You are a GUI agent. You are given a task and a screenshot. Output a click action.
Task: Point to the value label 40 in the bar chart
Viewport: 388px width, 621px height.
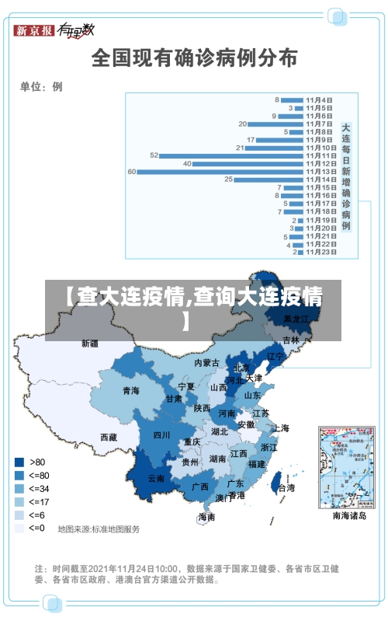(187, 163)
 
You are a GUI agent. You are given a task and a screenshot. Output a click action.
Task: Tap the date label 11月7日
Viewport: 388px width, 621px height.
(320, 124)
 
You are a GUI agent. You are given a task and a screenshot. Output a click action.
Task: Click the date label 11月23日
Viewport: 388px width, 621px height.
(320, 252)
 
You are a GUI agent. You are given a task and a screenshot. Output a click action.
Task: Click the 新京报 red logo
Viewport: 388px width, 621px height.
(35, 30)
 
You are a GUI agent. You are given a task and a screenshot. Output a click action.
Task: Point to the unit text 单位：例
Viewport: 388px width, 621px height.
(41, 87)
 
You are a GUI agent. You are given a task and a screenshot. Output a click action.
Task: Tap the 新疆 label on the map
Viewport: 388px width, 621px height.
(90, 343)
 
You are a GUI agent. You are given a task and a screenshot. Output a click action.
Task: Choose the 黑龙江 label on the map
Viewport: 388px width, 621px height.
(296, 319)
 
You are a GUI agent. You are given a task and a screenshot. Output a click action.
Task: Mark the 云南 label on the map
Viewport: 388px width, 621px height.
(156, 479)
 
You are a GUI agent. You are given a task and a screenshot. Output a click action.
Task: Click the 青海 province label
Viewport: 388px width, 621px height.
(130, 391)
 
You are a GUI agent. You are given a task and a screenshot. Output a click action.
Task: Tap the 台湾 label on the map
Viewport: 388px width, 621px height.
(286, 488)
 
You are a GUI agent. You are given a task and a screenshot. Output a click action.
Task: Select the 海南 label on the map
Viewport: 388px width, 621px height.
(206, 517)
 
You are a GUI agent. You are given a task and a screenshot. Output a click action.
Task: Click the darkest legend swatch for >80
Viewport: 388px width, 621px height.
(19, 461)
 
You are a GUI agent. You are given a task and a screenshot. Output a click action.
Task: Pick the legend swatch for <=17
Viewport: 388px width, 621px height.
(19, 501)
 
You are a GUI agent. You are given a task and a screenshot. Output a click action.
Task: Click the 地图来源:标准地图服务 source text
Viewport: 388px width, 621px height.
(99, 529)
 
